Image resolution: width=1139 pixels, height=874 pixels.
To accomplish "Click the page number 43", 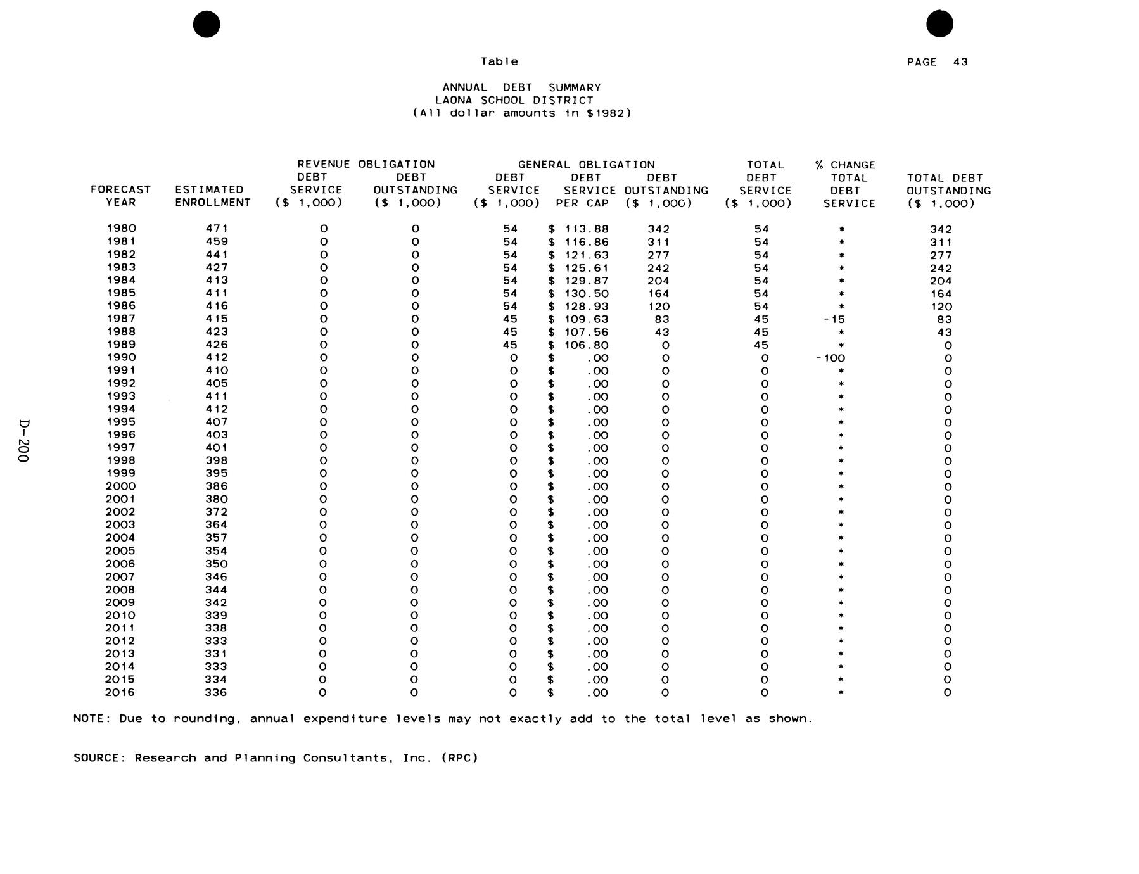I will click(960, 62).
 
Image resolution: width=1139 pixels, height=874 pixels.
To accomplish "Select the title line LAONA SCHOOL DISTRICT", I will click(514, 100).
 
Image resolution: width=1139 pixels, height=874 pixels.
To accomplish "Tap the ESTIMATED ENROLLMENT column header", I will click(213, 196).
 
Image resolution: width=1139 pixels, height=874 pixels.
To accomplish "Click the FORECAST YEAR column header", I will click(120, 196).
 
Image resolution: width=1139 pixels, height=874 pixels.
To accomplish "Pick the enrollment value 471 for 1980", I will click(217, 229).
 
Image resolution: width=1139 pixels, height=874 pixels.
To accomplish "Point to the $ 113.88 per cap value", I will click(578, 229).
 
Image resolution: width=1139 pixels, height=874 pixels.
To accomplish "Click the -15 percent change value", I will click(834, 319).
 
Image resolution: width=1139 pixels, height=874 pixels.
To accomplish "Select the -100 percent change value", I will click(830, 358).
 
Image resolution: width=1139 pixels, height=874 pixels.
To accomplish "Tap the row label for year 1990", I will click(121, 357).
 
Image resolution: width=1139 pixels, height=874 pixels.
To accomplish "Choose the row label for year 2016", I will click(120, 692).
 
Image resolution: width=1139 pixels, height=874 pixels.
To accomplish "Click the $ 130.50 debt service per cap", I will click(578, 293).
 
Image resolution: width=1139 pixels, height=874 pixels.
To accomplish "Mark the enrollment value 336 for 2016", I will click(216, 692).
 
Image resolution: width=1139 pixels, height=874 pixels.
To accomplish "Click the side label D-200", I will click(23, 440).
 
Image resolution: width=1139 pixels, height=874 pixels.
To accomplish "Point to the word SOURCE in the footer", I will click(98, 758).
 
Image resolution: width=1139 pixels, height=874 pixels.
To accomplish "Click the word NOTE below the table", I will click(92, 719).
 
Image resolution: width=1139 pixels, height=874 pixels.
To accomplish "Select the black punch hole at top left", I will click(207, 24).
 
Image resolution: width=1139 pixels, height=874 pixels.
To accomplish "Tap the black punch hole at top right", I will click(939, 24).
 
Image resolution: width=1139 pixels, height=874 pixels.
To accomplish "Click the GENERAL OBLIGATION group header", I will click(586, 165).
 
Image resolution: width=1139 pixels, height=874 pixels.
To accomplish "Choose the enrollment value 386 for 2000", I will click(216, 486).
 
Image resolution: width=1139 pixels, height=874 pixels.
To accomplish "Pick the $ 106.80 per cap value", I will click(578, 345).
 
